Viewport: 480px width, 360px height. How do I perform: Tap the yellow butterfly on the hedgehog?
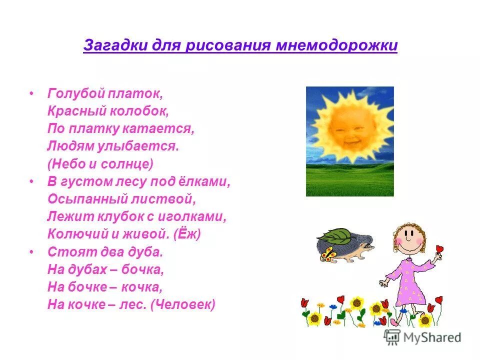[328, 254]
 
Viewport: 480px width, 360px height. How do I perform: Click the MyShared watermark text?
[434, 337]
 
